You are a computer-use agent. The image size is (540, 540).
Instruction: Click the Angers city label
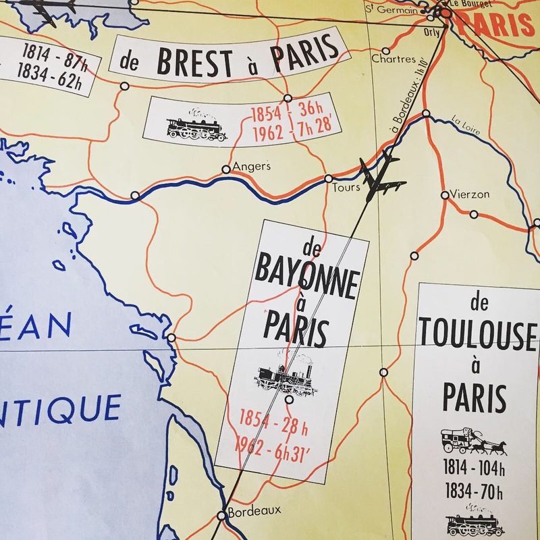pyautogui.click(x=251, y=165)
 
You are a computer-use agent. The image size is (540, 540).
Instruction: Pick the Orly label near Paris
pyautogui.click(x=429, y=32)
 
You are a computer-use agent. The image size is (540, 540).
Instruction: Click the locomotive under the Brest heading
pyautogui.click(x=196, y=126)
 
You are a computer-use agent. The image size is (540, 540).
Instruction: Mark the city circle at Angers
pyautogui.click(x=226, y=170)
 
